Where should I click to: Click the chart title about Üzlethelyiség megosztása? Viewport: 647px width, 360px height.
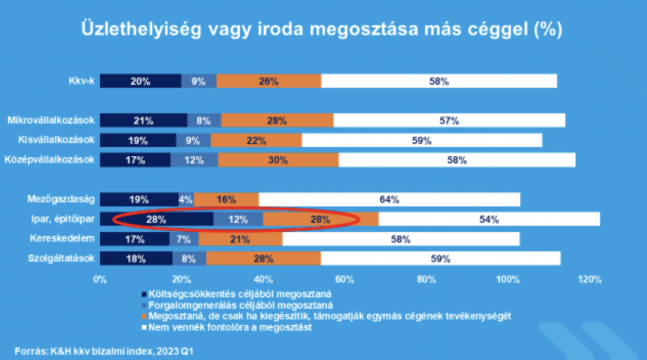click(x=320, y=30)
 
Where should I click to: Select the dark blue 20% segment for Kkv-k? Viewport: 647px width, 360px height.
click(x=140, y=81)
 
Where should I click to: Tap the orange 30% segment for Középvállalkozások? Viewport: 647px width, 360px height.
click(x=278, y=160)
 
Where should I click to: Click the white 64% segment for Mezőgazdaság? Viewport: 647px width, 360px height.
click(x=389, y=200)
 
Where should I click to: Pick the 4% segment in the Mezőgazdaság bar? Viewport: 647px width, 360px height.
click(x=186, y=200)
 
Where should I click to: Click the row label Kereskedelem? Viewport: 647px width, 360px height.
click(x=62, y=239)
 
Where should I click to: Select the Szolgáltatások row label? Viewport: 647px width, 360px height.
click(x=61, y=258)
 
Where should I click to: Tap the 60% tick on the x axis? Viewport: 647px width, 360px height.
click(x=344, y=279)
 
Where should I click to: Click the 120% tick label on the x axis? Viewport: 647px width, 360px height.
click(x=590, y=279)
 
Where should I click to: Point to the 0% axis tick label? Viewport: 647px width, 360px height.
click(x=100, y=279)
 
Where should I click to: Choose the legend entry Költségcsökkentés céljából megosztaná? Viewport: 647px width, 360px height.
click(x=240, y=293)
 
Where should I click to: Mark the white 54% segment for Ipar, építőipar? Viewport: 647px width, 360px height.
click(x=489, y=220)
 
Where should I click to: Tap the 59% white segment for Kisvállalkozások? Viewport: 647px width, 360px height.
click(x=421, y=140)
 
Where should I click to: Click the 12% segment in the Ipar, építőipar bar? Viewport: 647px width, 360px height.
click(x=238, y=220)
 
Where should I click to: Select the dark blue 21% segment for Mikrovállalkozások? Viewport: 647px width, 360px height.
click(x=143, y=120)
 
